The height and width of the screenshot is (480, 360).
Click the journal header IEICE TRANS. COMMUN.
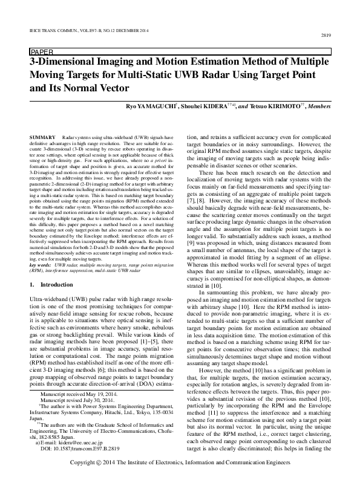point(55,29)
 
